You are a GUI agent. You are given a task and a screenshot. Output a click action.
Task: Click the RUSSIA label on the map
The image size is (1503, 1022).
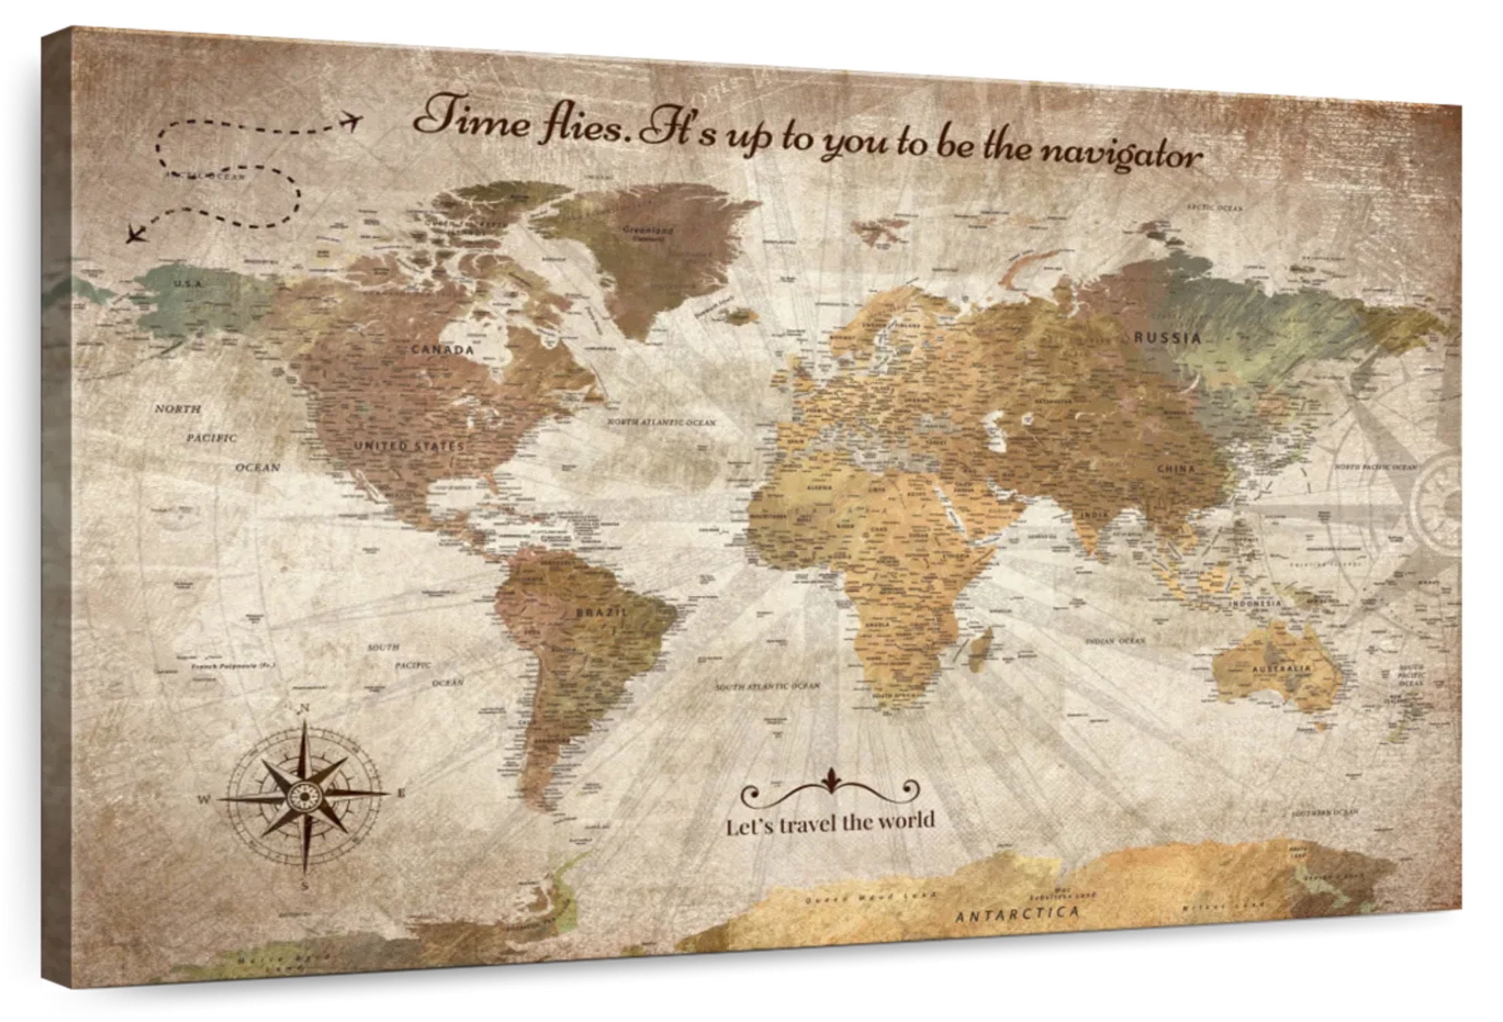pyautogui.click(x=1166, y=338)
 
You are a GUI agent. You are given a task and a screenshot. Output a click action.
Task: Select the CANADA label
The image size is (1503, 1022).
pyautogui.click(x=442, y=350)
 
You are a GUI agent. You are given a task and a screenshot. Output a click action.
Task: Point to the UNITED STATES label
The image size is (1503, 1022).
pyautogui.click(x=409, y=446)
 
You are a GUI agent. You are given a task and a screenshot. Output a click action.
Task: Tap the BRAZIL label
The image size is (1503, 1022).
pyautogui.click(x=602, y=613)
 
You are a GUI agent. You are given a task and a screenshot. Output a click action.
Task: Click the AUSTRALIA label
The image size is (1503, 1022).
pyautogui.click(x=1282, y=669)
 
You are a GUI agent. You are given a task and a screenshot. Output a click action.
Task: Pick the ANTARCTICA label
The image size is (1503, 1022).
pyautogui.click(x=1017, y=913)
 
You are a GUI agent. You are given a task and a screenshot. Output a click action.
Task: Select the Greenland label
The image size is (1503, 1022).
pyautogui.click(x=648, y=230)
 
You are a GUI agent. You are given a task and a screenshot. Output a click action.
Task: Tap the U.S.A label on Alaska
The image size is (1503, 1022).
pyautogui.click(x=187, y=283)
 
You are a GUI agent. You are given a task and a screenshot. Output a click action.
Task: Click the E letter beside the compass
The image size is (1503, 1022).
pyautogui.click(x=401, y=792)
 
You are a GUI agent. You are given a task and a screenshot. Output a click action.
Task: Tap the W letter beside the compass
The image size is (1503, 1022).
pyautogui.click(x=204, y=799)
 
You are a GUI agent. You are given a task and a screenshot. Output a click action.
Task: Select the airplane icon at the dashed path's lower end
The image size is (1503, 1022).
pyautogui.click(x=136, y=235)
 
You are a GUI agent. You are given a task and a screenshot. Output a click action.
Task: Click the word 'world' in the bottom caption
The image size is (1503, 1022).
pyautogui.click(x=905, y=821)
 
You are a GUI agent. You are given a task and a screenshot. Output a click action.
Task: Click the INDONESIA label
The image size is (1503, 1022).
pyautogui.click(x=1254, y=604)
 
